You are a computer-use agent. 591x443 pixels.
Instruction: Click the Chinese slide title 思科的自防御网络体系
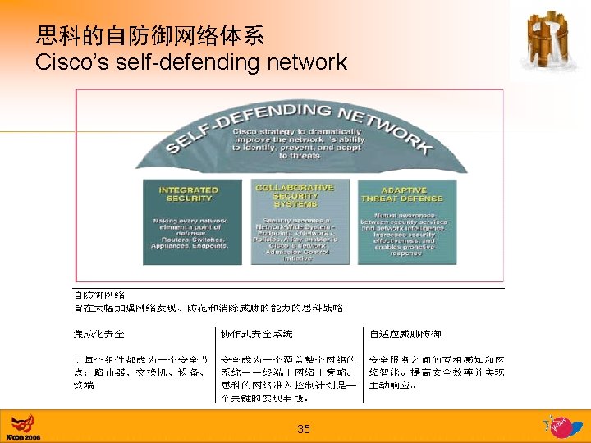(149, 35)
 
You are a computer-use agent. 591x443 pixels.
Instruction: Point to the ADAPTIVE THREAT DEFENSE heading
(401, 194)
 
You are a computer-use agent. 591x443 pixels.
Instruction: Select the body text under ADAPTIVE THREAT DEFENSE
(401, 237)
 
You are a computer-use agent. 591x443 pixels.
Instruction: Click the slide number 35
(304, 429)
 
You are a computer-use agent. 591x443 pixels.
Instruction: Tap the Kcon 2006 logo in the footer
(22, 427)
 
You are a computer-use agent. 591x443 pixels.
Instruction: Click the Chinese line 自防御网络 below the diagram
(99, 295)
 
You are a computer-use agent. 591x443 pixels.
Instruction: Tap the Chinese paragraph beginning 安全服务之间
(437, 372)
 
